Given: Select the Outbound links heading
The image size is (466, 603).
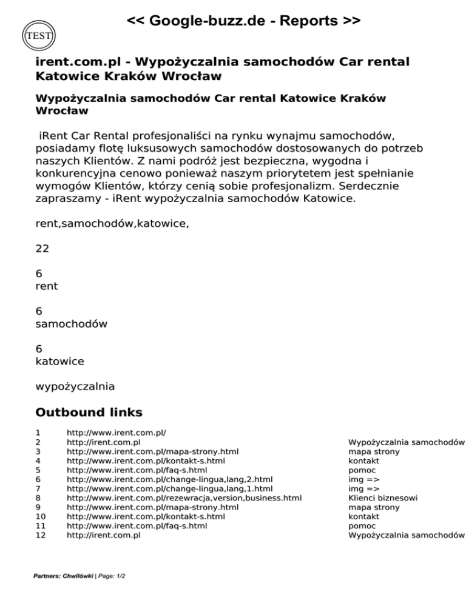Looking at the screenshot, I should pos(89,413).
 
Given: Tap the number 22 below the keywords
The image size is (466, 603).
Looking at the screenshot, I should pos(42,248).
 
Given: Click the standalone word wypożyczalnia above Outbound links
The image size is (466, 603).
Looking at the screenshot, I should pos(75,386).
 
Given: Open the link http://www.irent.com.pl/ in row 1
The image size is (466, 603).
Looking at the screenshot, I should pos(116,433).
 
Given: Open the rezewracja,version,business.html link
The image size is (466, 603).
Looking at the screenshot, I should pos(184,498).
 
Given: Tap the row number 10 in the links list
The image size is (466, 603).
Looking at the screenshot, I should pos(41,516).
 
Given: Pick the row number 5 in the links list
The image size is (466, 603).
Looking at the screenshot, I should pos(38,470).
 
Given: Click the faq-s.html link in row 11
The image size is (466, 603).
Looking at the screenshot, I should pos(137,526).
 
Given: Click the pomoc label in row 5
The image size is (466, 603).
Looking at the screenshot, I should pos(362,470).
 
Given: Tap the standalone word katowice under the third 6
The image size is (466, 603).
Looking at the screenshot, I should pos(59,362).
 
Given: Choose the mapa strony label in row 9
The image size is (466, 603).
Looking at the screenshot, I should pos(374,507).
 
